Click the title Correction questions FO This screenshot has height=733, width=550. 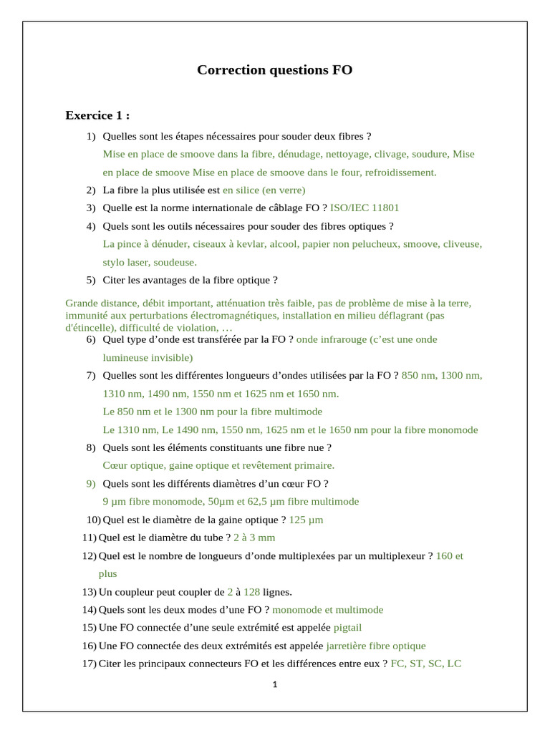point(274,70)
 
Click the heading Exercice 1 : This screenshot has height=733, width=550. point(97,115)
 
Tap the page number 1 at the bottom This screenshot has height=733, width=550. point(275,684)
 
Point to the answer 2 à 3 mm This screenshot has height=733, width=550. point(254,538)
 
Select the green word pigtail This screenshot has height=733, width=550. point(348,628)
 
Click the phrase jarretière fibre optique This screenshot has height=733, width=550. point(376,646)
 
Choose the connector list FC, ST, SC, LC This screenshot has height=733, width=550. point(426,664)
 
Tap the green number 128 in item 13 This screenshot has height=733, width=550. point(251,592)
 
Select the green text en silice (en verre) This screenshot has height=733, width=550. point(264,190)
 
